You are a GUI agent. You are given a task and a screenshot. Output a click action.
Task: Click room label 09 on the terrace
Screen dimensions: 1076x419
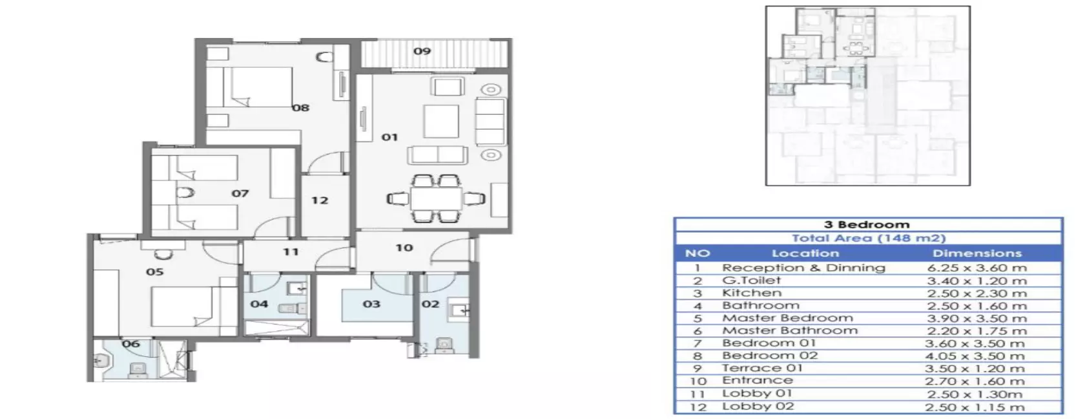(422, 51)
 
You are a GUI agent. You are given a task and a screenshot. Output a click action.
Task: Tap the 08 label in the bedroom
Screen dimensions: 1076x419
(301, 108)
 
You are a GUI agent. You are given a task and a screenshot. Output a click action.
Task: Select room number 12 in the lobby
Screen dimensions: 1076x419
(320, 200)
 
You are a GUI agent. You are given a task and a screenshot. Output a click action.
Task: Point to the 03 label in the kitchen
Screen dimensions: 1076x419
(371, 304)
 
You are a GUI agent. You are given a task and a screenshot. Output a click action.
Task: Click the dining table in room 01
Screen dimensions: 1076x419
(436, 199)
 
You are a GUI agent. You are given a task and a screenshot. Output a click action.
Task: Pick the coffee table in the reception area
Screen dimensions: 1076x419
(441, 121)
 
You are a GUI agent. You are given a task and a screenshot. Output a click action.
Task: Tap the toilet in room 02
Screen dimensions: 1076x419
(444, 345)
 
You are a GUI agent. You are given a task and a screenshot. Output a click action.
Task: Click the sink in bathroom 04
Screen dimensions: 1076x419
(296, 288)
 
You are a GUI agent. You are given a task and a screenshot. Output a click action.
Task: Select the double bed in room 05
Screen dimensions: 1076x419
(182, 307)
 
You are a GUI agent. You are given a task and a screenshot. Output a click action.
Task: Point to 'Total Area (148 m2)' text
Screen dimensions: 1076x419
(869, 238)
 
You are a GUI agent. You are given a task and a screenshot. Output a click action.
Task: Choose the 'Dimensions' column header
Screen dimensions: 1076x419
(977, 253)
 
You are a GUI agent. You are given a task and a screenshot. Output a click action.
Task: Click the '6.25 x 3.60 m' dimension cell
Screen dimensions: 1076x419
(976, 268)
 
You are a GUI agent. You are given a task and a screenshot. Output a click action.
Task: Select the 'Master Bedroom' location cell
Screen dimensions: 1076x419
(787, 318)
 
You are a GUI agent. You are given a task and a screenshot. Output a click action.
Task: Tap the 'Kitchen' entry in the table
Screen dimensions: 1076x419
(752, 293)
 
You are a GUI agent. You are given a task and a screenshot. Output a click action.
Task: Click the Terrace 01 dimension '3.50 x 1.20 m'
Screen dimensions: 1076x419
(976, 369)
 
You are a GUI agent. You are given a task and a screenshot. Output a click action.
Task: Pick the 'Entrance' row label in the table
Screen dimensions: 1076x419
(758, 380)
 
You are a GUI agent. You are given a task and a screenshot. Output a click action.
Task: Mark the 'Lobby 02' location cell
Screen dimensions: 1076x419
(758, 407)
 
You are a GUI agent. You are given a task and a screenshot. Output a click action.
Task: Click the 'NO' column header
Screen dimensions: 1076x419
(698, 253)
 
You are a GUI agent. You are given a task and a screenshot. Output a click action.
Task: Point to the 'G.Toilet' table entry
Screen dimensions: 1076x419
(751, 281)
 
